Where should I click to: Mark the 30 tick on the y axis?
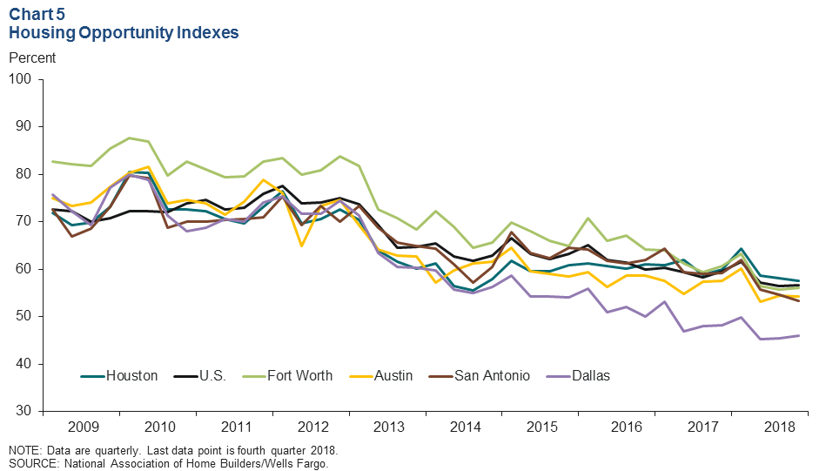click(x=23, y=411)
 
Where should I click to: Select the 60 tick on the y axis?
click(x=23, y=269)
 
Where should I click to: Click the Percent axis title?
click(x=31, y=58)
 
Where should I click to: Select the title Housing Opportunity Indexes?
click(x=124, y=33)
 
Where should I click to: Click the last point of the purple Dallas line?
click(x=799, y=336)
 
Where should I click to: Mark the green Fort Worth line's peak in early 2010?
click(x=129, y=138)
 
